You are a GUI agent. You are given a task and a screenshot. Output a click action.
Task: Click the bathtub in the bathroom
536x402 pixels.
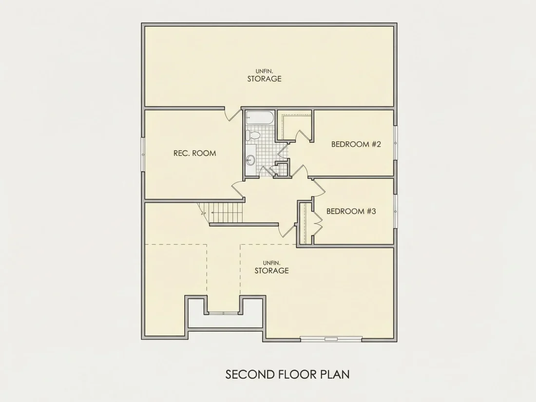(x=260, y=117)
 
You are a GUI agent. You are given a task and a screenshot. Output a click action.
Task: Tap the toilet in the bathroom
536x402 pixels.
(x=253, y=135)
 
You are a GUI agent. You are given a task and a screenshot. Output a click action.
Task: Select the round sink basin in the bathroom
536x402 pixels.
(x=251, y=159)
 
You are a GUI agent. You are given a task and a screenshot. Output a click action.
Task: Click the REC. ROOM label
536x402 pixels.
(x=194, y=153)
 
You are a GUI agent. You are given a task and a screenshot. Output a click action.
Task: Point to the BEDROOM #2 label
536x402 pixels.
(x=356, y=144)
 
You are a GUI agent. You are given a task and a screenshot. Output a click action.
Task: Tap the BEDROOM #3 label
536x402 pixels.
(x=351, y=211)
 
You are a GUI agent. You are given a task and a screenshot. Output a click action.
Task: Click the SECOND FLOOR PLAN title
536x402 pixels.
(x=287, y=374)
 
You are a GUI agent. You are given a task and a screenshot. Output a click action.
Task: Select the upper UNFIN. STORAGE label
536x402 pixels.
(x=264, y=76)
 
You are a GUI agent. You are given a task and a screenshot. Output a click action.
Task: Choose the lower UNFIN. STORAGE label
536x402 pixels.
(x=271, y=268)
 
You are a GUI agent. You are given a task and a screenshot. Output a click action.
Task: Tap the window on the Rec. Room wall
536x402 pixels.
(x=143, y=155)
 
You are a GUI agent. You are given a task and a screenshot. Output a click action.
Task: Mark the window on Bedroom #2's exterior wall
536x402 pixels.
(x=396, y=143)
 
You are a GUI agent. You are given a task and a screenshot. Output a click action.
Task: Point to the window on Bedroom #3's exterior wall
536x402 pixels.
(x=396, y=211)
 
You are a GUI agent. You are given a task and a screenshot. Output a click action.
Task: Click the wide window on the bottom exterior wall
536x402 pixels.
(x=331, y=339)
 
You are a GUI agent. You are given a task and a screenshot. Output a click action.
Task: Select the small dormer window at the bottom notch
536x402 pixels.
(x=224, y=313)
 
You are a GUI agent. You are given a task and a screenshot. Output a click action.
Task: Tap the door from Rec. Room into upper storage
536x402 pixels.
(x=233, y=114)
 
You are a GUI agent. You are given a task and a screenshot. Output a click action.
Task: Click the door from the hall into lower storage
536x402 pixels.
(x=287, y=231)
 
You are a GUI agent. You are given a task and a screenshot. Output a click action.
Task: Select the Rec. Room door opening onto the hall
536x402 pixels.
(x=238, y=189)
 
